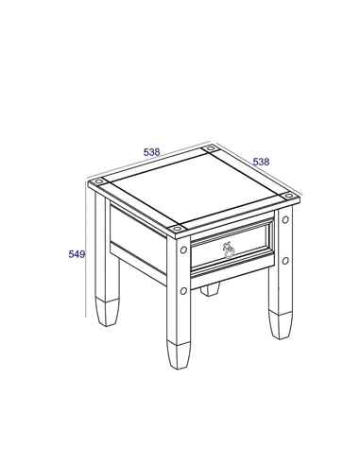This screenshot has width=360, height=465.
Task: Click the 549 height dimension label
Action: tap(77, 254)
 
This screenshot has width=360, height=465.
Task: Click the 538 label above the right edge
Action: tap(262, 162)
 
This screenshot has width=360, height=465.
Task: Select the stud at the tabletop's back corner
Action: tap(210, 150)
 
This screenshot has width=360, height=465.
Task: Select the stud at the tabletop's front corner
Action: tap(179, 229)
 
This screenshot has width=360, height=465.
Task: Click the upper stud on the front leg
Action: tap(182, 252)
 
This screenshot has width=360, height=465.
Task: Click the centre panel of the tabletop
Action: tap(192, 189)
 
